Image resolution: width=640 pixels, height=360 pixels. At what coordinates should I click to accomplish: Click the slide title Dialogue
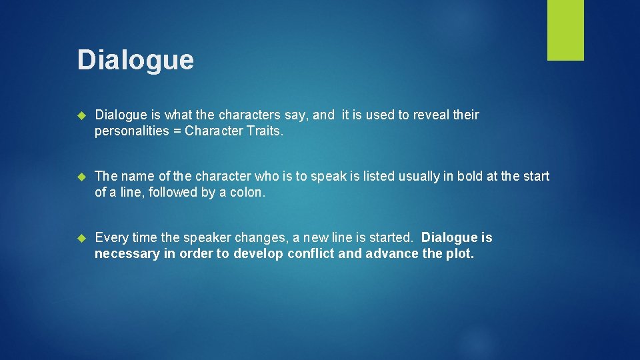coord(135,60)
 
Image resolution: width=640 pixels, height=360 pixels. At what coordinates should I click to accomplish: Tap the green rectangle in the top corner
coord(565,30)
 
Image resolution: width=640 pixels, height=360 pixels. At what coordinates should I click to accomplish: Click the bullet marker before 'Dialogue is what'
coord(83,115)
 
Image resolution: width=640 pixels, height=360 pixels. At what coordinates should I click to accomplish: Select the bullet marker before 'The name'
coord(83,177)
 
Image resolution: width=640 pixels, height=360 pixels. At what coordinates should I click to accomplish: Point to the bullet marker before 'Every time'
coord(83,238)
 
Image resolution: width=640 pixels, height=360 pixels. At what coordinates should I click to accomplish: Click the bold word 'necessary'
coord(127,254)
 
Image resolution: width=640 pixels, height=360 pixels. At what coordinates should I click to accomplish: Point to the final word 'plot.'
coord(461,253)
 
